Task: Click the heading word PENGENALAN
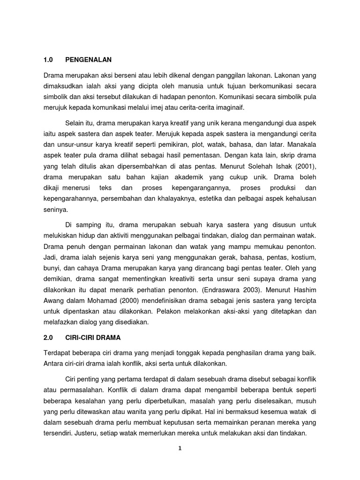(x=89, y=60)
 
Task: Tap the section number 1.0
(x=48, y=60)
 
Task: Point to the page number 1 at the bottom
(x=180, y=448)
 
